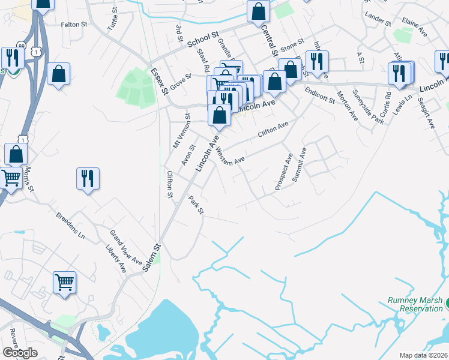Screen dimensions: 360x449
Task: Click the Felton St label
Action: point(74,25)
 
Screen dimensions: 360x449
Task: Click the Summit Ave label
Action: point(299,164)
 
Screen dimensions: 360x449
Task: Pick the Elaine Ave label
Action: point(414,28)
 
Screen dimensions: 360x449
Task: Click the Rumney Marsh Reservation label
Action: point(415,304)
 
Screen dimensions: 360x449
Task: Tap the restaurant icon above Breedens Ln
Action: point(88,179)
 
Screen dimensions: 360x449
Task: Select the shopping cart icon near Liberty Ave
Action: point(65,281)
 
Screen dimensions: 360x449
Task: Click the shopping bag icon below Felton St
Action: point(58,74)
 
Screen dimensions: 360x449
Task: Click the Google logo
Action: point(20,353)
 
